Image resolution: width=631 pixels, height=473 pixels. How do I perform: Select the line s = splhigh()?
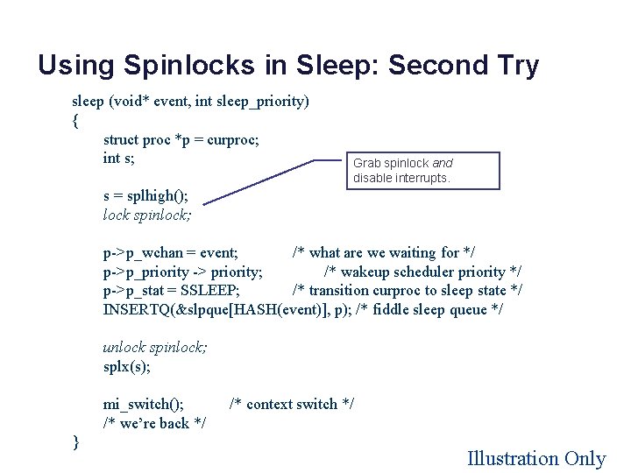[145, 195]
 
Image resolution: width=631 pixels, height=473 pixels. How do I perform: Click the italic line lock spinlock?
[147, 215]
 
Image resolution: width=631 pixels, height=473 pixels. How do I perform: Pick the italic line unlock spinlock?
[155, 347]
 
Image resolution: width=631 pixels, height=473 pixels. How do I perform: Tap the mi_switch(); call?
[144, 404]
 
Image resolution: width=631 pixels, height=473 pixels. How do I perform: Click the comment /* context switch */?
[292, 404]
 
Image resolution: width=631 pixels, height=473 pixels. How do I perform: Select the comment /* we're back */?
[155, 423]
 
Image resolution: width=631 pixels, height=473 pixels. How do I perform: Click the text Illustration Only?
[536, 458]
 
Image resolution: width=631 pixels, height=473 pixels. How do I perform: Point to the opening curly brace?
[76, 121]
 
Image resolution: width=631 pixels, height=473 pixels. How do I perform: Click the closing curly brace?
[76, 442]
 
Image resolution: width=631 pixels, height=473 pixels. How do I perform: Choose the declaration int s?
[119, 159]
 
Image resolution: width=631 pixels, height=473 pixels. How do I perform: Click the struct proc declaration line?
[181, 139]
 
